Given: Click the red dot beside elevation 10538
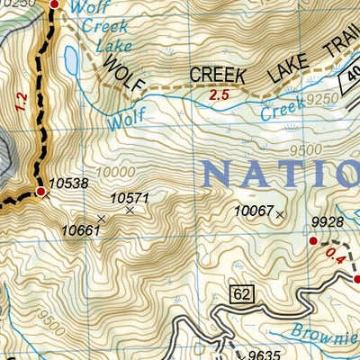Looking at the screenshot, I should [40, 191].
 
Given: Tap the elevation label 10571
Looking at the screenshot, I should [129, 198].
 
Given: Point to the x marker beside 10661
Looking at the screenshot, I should [101, 218].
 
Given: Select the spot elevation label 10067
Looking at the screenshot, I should [253, 211].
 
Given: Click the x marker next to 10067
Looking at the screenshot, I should [281, 214].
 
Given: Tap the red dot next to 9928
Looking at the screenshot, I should [313, 241].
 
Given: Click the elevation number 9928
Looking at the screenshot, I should [328, 222].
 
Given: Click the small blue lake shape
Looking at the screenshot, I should [70, 60].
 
